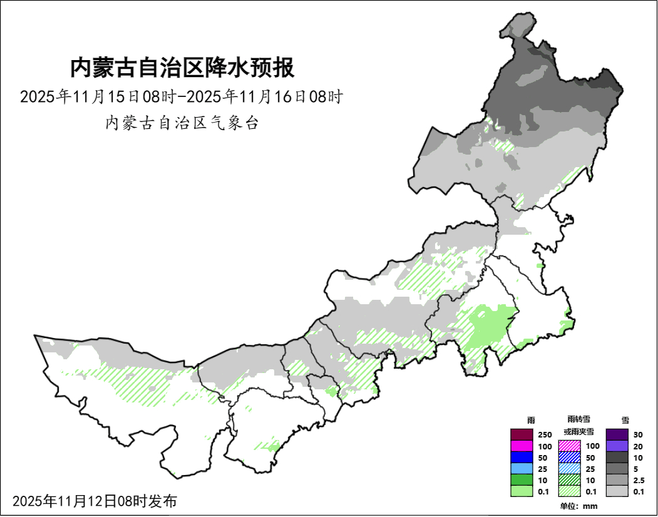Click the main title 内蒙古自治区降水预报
(182, 68)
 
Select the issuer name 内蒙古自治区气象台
(182, 123)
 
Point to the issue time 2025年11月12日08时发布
(95, 501)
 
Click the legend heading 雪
(624, 420)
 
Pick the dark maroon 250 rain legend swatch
(521, 434)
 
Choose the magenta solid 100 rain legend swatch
(521, 446)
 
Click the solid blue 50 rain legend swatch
(521, 458)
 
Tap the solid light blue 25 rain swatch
(521, 469)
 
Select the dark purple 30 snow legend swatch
(617, 434)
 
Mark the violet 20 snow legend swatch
(617, 446)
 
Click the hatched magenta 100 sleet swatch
(569, 446)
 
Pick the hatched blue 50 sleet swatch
(569, 458)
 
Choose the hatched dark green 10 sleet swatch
(569, 480)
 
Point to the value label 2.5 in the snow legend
(639, 480)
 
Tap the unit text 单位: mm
(578, 506)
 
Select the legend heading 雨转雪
(578, 419)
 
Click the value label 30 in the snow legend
(638, 435)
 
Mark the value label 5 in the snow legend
(636, 469)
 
